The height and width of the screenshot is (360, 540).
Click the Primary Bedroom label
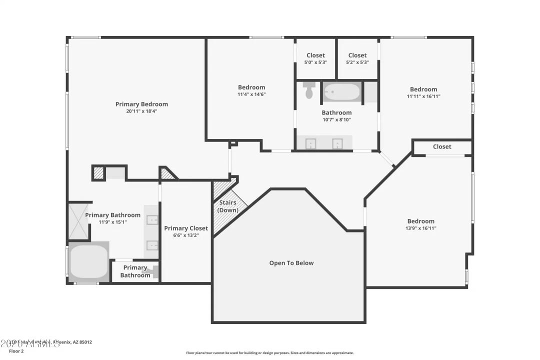[x=141, y=104]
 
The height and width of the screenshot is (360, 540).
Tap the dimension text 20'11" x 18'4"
[x=141, y=111]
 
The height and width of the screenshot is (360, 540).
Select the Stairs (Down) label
[x=227, y=206]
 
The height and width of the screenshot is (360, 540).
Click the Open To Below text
[x=291, y=263]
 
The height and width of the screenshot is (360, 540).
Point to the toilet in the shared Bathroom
[x=309, y=91]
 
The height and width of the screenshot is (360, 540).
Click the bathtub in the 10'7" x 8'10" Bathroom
[x=341, y=92]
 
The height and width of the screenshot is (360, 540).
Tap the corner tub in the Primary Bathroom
[x=88, y=261]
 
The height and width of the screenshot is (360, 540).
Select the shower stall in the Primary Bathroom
[x=79, y=221]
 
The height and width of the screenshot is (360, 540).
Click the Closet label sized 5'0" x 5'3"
[x=315, y=55]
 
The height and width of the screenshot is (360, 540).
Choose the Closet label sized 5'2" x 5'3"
[x=357, y=55]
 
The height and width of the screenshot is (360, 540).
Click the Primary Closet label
[x=186, y=228]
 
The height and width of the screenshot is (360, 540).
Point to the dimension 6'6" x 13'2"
[x=186, y=235]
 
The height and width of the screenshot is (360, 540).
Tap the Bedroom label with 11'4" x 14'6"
[x=251, y=87]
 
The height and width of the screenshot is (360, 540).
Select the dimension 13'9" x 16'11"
[x=420, y=228]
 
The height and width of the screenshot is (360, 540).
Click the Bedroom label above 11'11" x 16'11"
[x=423, y=89]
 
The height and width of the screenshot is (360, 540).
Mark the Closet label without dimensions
[x=442, y=146]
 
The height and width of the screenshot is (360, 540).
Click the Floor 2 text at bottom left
[x=16, y=351]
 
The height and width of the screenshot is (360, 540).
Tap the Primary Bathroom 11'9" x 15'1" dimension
[x=112, y=222]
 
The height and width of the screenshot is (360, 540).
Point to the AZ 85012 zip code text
[x=81, y=342]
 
